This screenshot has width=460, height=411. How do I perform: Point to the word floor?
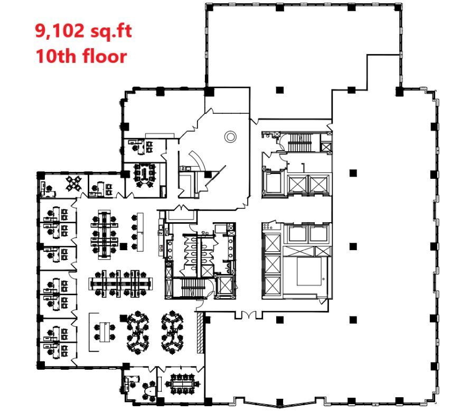click(105, 55)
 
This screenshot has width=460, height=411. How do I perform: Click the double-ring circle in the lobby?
click(230, 136)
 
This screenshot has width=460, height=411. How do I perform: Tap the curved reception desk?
click(195, 159)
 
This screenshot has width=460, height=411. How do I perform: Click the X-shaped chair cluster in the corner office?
click(74, 184)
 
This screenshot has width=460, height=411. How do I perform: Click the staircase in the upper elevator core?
click(299, 141)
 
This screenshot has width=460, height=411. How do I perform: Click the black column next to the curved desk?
click(208, 174)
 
